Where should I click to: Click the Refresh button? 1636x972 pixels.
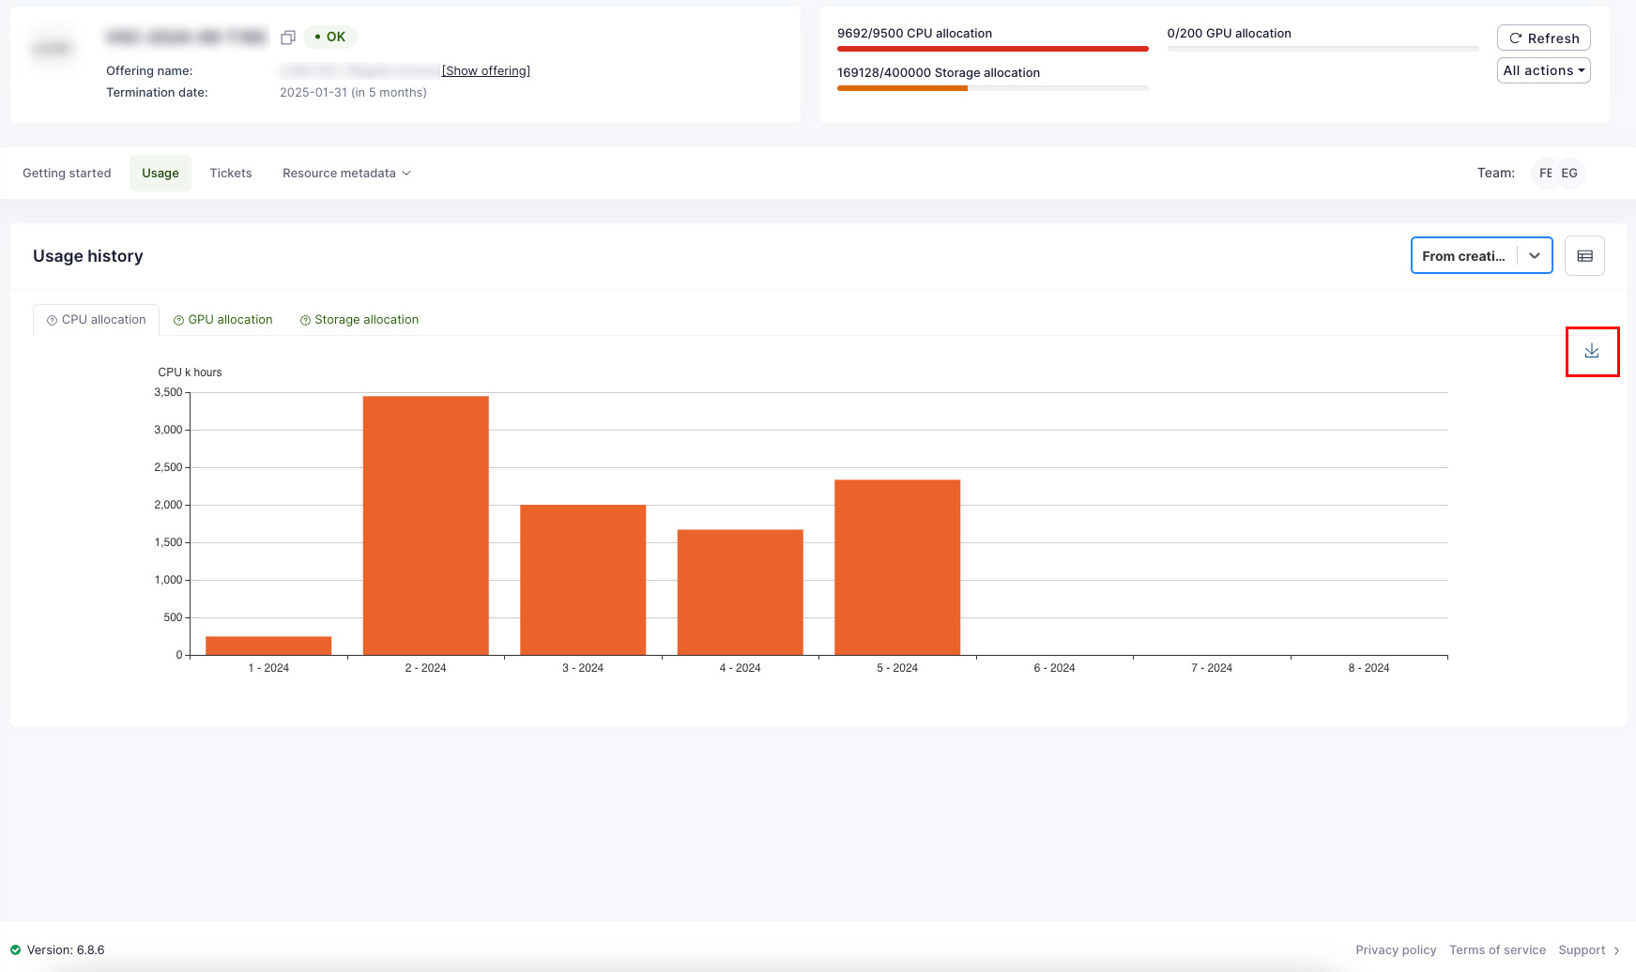tap(1543, 38)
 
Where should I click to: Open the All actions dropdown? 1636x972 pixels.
tap(1543, 70)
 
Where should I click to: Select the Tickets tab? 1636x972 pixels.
tap(231, 174)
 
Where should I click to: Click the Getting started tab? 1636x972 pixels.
tap(67, 174)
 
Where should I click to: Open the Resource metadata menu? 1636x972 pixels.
tap(346, 174)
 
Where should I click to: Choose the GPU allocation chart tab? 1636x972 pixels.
tap(223, 320)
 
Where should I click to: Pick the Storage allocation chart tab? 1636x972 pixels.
tap(359, 320)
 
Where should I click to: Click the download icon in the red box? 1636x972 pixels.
tap(1592, 351)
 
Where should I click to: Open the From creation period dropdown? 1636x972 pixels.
tap(1481, 256)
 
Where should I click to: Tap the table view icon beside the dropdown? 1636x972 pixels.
tap(1584, 256)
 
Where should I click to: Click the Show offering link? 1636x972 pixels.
tap(486, 71)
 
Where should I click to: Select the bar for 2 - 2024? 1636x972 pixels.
tap(425, 525)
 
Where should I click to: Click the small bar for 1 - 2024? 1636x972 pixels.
tap(268, 645)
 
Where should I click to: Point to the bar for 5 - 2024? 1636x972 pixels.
tap(897, 567)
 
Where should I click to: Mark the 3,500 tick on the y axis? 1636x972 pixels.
tap(169, 392)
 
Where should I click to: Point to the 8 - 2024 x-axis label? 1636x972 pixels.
tap(1368, 668)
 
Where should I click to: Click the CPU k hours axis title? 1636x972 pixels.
tap(190, 372)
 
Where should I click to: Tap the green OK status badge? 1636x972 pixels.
tap(330, 38)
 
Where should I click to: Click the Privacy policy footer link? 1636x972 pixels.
tap(1396, 950)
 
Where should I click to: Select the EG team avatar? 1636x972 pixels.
tap(1569, 174)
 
